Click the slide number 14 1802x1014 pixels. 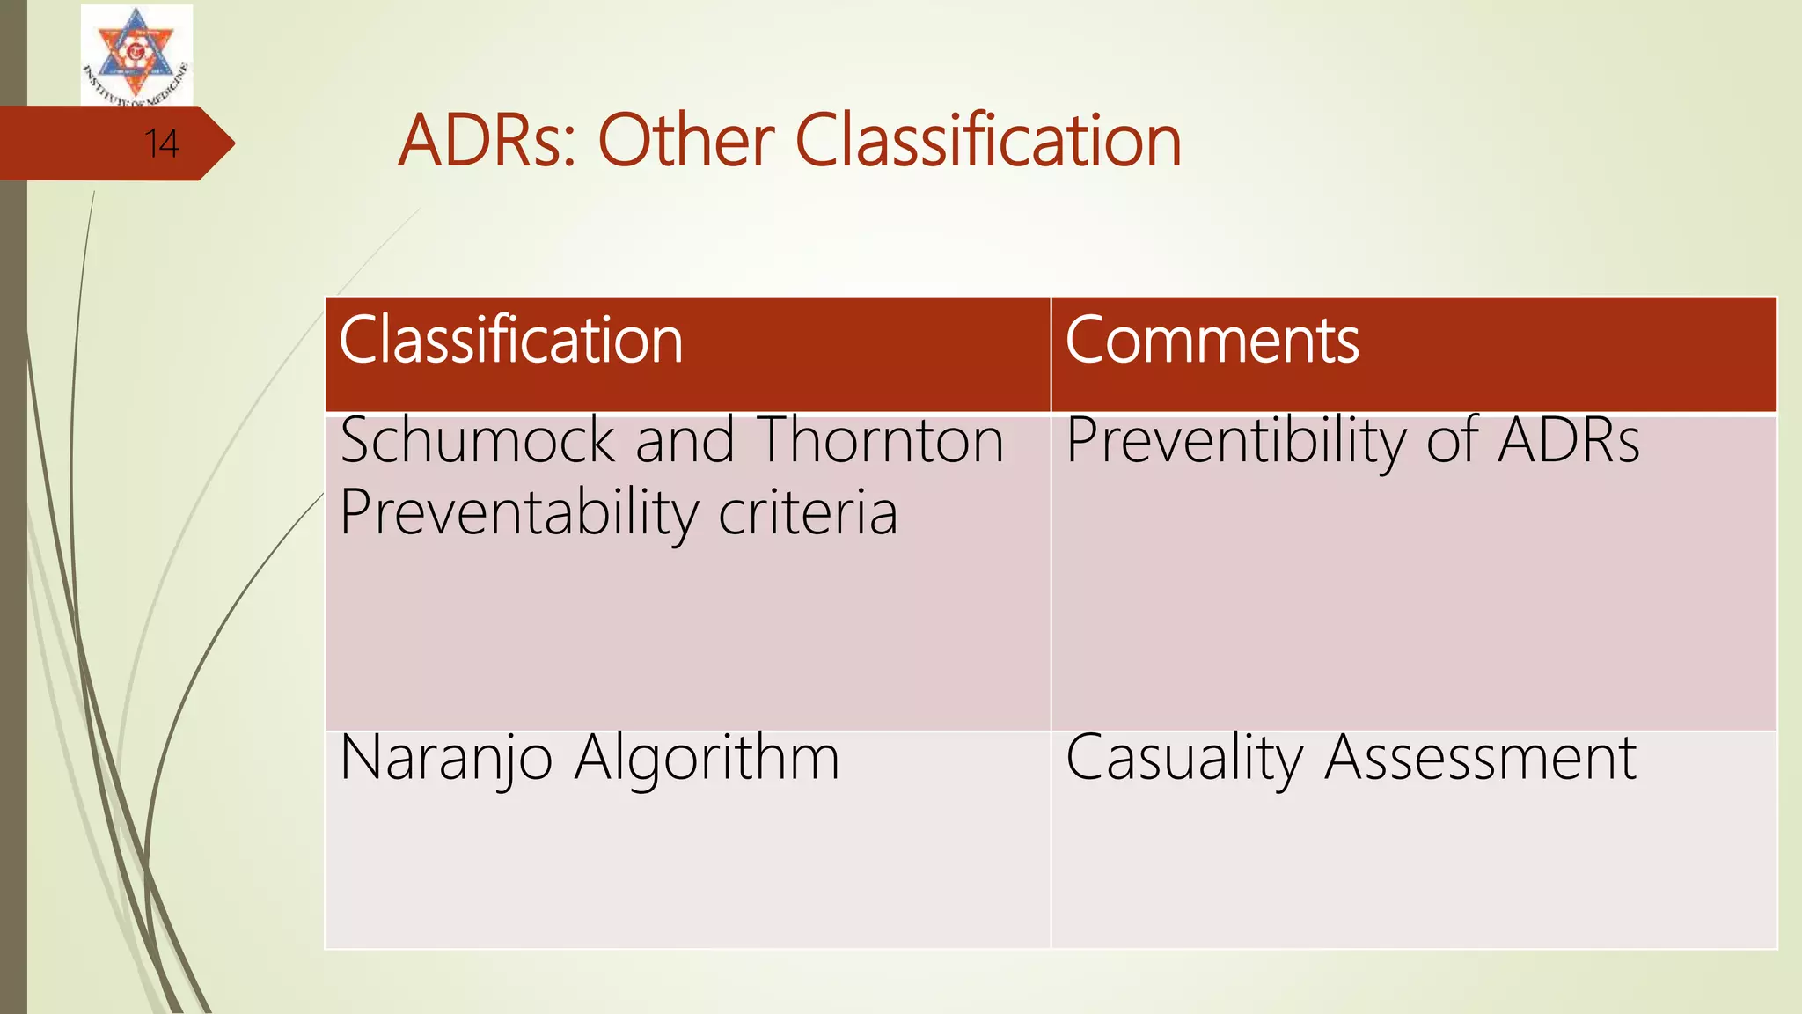pos(162,143)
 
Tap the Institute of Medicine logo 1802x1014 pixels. pos(136,55)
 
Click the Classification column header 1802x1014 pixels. pos(510,341)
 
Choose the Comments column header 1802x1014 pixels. pos(1212,341)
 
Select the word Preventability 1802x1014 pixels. pos(518,513)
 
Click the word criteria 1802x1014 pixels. pos(808,513)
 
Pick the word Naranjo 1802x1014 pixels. pos(446,758)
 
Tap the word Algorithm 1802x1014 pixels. pos(707,758)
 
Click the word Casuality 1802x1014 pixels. pos(1184,758)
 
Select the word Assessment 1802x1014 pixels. pos(1480,758)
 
